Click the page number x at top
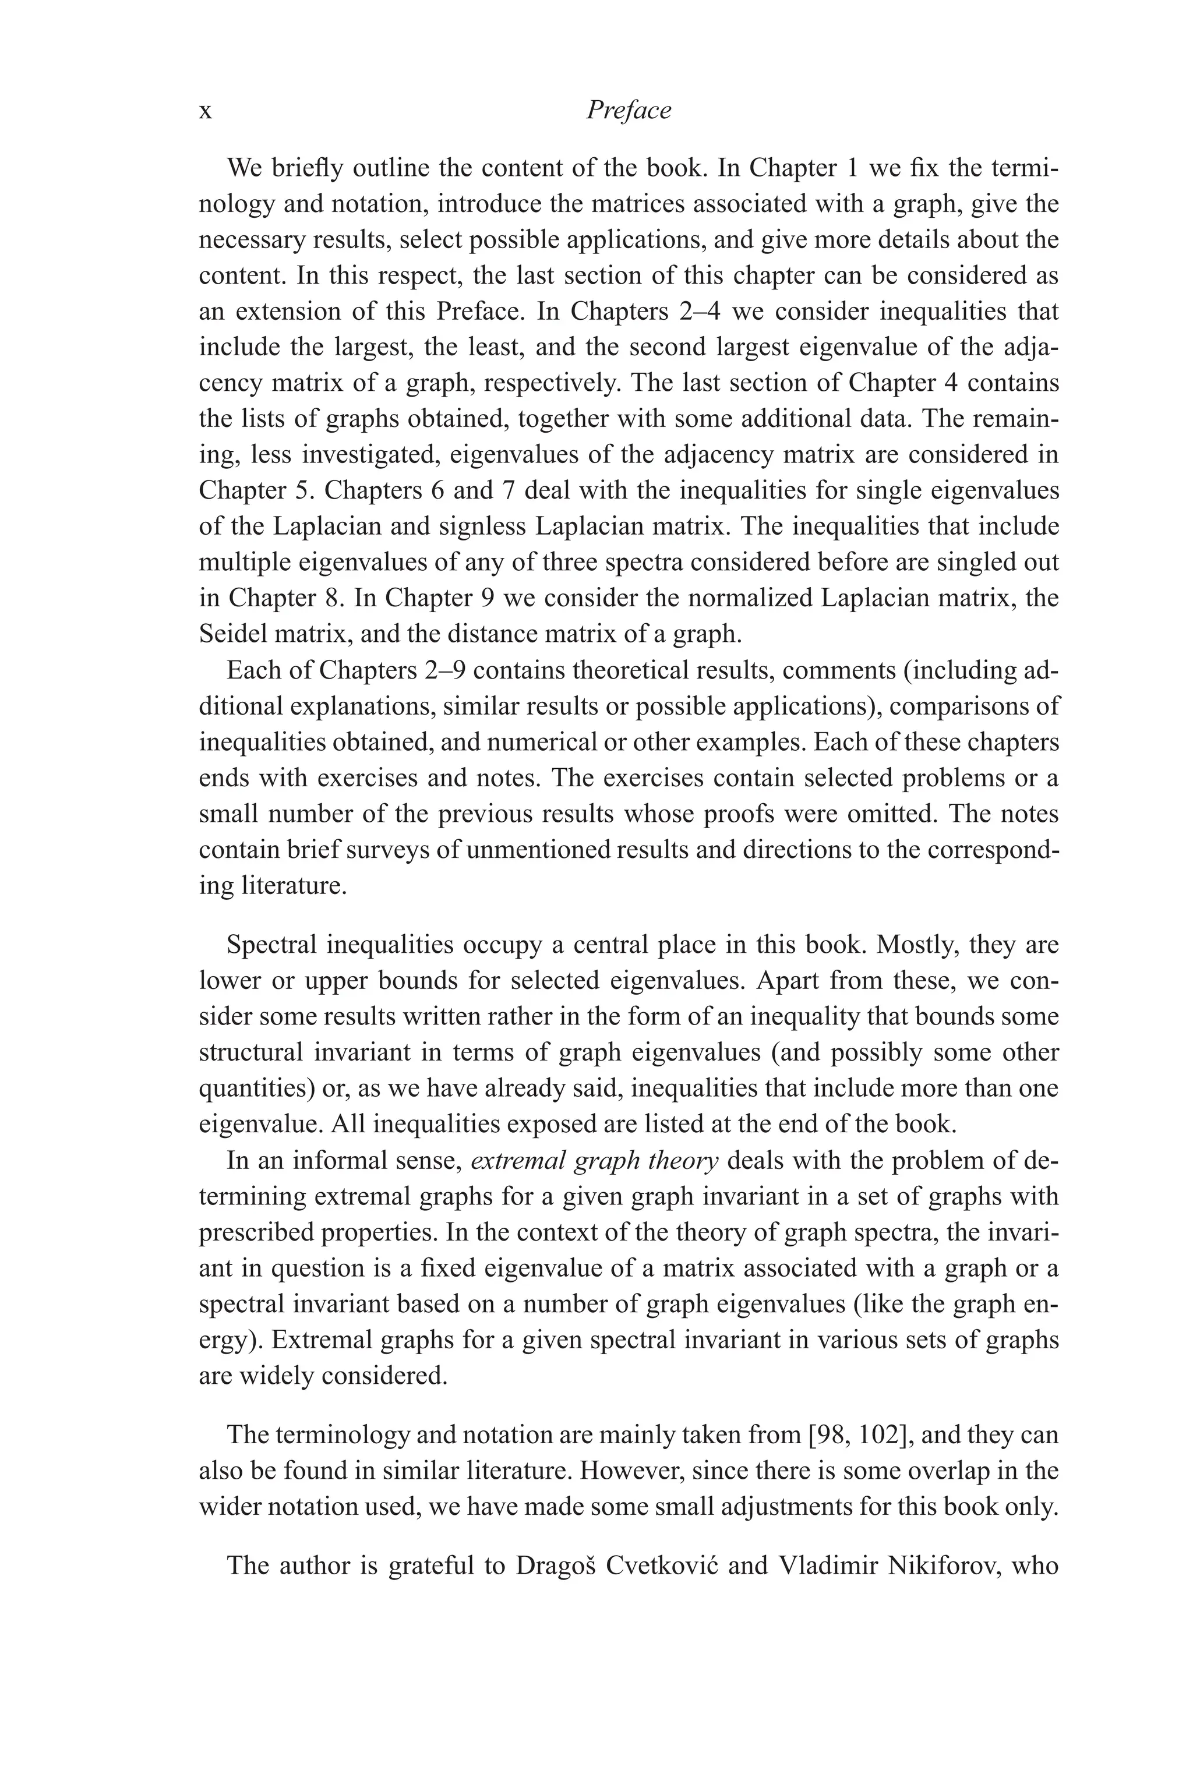click(x=206, y=112)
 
